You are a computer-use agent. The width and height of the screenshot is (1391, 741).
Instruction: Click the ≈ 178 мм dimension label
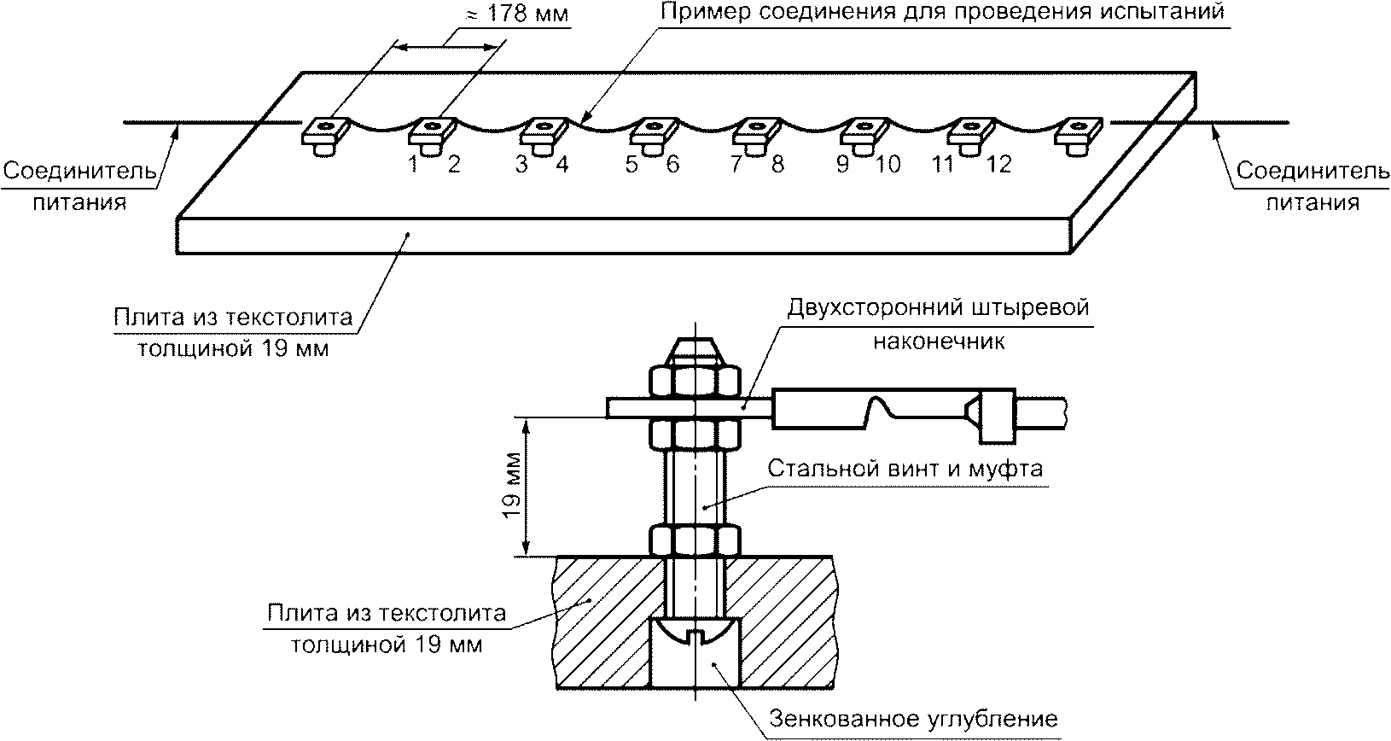[516, 14]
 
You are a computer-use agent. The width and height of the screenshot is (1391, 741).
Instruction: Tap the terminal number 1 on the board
[414, 164]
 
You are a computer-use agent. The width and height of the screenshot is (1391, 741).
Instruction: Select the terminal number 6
[672, 164]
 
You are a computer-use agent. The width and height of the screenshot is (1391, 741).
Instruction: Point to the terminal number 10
[888, 164]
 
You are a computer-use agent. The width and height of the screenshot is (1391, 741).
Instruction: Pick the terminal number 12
[998, 164]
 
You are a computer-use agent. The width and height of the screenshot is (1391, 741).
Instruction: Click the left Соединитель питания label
[79, 186]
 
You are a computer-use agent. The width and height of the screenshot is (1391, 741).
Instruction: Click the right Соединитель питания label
[1312, 186]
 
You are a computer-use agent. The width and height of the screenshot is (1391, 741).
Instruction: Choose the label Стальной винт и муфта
[905, 469]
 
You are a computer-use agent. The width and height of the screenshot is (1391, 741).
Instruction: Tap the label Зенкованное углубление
[913, 719]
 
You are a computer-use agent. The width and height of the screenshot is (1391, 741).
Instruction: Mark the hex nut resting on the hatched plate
[695, 540]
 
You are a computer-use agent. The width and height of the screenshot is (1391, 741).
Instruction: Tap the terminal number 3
[521, 164]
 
